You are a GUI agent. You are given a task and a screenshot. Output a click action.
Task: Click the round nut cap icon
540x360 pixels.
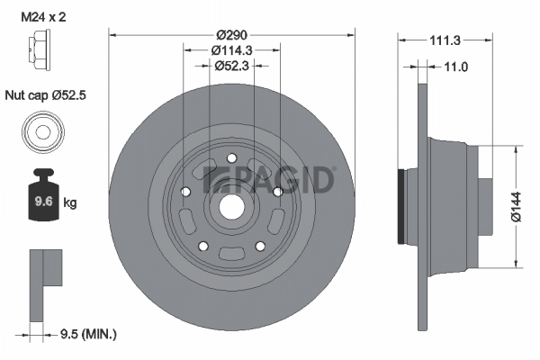point(41,132)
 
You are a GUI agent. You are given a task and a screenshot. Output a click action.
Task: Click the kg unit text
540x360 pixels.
point(69,202)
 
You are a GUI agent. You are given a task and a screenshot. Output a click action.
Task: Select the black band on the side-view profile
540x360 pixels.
point(401,203)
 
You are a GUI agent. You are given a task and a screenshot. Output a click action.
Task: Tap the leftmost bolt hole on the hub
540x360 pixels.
point(184,192)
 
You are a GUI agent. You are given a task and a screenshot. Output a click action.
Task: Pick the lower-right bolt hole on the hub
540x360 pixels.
point(260,246)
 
